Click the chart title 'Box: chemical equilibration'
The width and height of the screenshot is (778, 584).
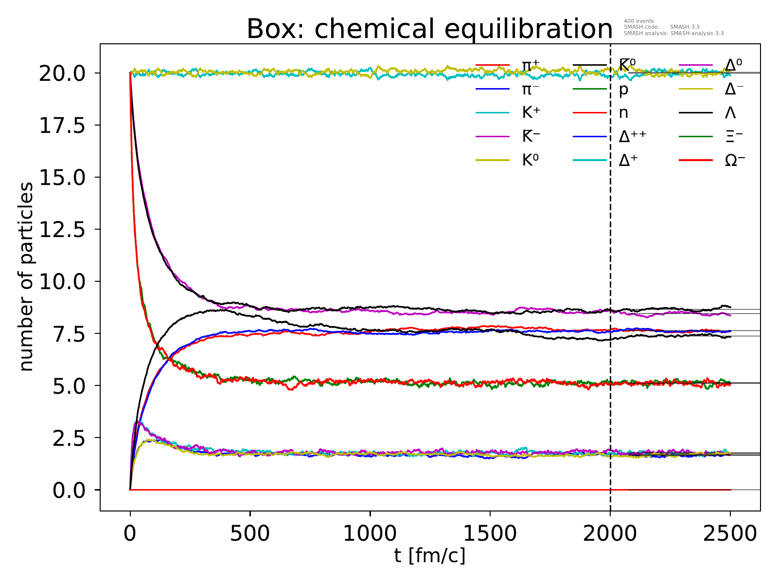[429, 29]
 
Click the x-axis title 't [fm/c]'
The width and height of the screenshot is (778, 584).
[430, 555]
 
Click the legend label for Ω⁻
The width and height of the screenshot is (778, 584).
[735, 161]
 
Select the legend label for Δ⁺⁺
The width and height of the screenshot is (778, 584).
[633, 137]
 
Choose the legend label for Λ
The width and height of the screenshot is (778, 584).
[730, 113]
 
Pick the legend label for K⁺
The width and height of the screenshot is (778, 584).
[531, 113]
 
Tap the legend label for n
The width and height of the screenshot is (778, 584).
[623, 113]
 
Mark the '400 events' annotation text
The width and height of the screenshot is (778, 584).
[638, 21]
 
